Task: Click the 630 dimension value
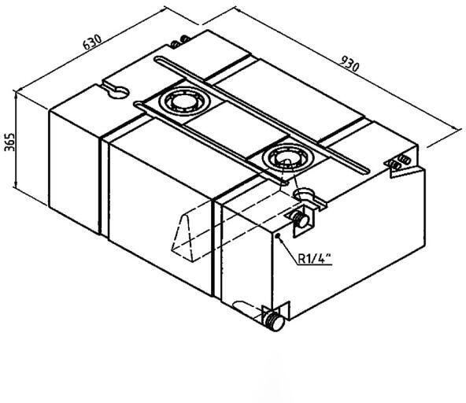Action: click(x=92, y=42)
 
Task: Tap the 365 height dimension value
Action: click(x=10, y=142)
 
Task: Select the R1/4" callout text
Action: click(x=315, y=257)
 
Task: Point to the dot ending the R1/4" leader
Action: click(x=279, y=236)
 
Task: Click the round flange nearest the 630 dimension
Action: click(x=184, y=101)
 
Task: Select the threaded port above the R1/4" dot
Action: click(x=301, y=220)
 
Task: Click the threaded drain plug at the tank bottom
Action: click(x=274, y=322)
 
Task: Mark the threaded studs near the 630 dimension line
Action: click(x=179, y=42)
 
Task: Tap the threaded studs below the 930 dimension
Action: click(x=399, y=162)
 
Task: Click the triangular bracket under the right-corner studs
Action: click(x=406, y=172)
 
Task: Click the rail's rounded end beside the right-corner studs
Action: click(x=366, y=171)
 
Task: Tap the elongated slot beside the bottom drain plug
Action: click(x=244, y=306)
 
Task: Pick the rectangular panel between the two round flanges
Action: click(x=235, y=128)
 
